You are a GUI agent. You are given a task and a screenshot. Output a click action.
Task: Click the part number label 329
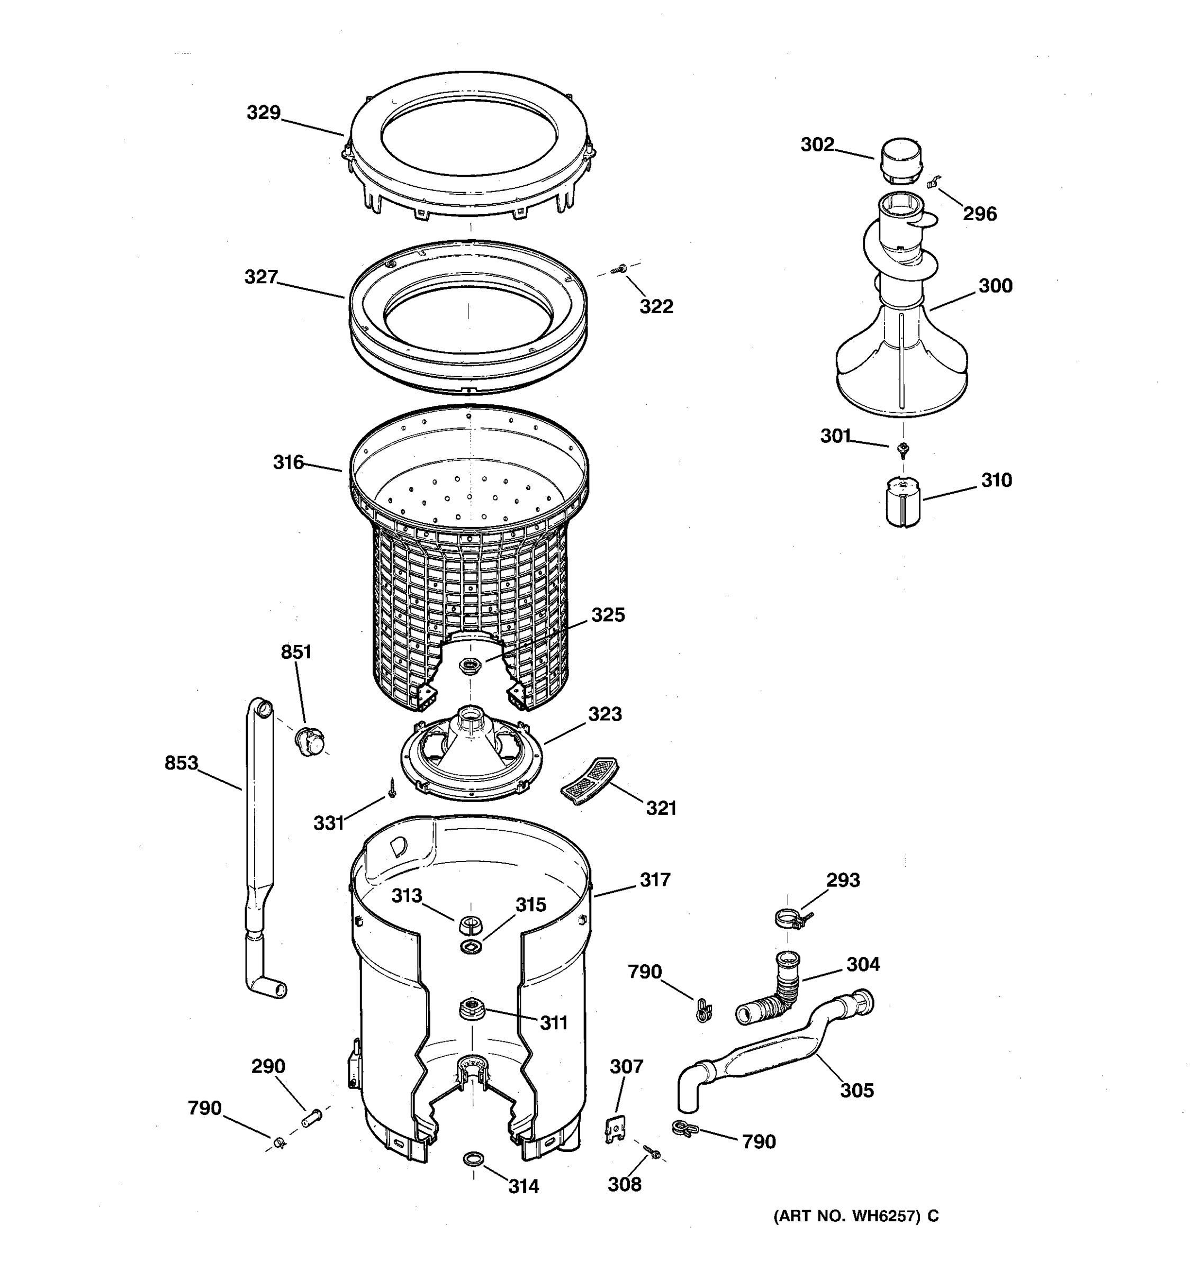(x=263, y=113)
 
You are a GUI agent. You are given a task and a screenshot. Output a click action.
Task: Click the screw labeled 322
(x=618, y=270)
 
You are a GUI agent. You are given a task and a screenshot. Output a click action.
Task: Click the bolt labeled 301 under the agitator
(x=903, y=450)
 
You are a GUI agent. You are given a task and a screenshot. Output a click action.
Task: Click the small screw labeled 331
(x=392, y=788)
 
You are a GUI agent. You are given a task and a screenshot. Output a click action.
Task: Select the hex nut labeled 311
(x=472, y=1008)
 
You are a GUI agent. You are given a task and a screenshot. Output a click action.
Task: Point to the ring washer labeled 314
(x=473, y=1158)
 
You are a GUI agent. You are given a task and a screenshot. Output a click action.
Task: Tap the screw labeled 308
(x=652, y=1151)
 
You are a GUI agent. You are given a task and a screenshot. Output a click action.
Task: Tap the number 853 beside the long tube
(x=182, y=763)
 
